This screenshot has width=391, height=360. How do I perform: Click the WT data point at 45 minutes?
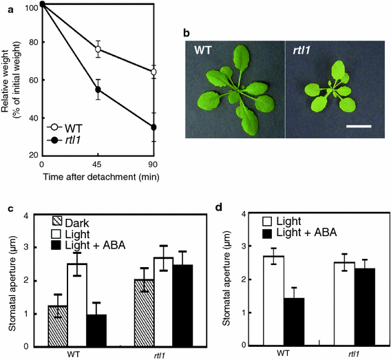click(x=98, y=50)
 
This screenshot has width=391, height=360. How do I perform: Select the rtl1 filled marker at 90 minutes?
click(x=154, y=127)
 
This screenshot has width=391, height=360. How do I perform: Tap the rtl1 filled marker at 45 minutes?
click(x=98, y=89)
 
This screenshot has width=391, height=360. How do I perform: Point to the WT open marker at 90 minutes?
click(x=154, y=72)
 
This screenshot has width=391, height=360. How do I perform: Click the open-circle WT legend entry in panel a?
click(x=52, y=127)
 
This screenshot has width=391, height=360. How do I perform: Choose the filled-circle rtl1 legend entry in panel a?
click(x=52, y=140)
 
